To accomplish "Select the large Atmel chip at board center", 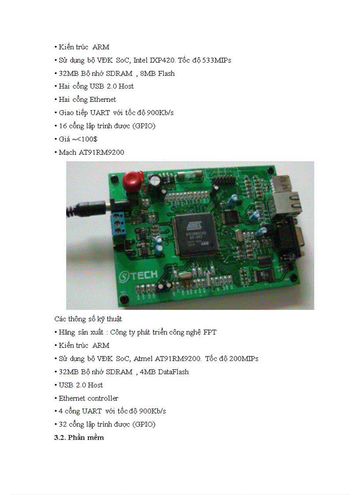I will point(197,233).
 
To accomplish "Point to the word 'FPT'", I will point(210,332).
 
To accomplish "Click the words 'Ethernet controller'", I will point(89,398).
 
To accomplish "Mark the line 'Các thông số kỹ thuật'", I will point(88,319).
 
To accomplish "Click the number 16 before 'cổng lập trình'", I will point(63,126).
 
